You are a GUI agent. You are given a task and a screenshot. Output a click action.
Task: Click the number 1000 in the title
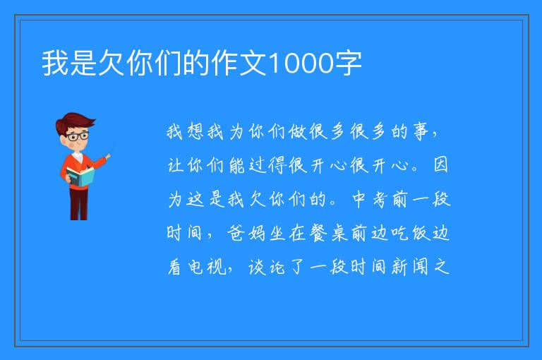(301, 64)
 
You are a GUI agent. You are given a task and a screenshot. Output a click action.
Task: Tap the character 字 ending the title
(348, 63)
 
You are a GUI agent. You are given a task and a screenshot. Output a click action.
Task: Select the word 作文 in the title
(239, 63)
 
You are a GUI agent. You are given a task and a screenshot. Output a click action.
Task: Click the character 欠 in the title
(112, 63)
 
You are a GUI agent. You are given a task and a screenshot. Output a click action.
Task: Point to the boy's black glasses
(77, 136)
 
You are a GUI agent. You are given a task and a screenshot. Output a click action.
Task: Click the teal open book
(80, 176)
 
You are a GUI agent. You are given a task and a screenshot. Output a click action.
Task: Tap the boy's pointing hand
(108, 156)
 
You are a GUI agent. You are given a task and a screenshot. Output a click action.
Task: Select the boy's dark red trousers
(78, 203)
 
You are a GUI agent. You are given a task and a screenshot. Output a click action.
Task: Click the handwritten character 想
(195, 132)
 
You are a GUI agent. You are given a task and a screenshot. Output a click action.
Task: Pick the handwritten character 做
(298, 132)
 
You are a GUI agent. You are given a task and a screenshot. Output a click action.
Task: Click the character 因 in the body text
(440, 164)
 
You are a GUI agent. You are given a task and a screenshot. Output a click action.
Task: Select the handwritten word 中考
(369, 200)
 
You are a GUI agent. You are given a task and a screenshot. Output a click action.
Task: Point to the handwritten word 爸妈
(246, 233)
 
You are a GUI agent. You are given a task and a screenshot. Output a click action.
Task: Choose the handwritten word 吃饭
(411, 233)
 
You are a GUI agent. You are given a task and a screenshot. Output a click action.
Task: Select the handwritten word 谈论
(267, 267)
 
